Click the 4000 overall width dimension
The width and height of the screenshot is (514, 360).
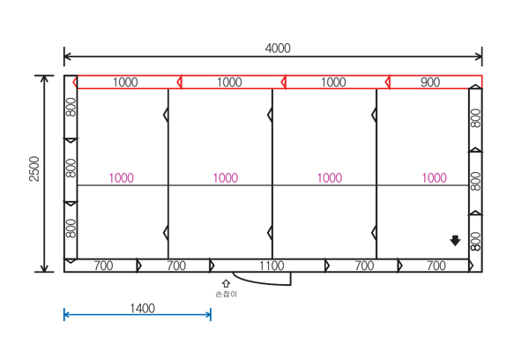278,49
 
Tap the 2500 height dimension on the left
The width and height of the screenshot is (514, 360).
34,169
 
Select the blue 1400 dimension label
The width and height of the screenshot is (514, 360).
142,309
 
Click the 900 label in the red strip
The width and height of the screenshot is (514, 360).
430,82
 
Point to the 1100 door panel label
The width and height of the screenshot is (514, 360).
272,266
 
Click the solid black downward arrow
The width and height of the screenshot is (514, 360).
455,241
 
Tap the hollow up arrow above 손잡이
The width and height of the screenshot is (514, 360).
226,283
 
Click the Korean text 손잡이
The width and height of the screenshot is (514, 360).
227,294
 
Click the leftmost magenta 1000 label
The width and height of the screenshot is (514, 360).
122,178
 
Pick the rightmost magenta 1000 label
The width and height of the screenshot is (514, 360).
434,178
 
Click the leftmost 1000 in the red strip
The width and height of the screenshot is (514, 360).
125,82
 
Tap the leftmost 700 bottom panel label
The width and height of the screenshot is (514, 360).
103,266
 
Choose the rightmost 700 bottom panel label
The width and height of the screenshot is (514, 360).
436,266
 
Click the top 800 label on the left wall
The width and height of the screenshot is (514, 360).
71,108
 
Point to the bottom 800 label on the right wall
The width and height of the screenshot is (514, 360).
475,241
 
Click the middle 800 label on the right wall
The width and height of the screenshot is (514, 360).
475,181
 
